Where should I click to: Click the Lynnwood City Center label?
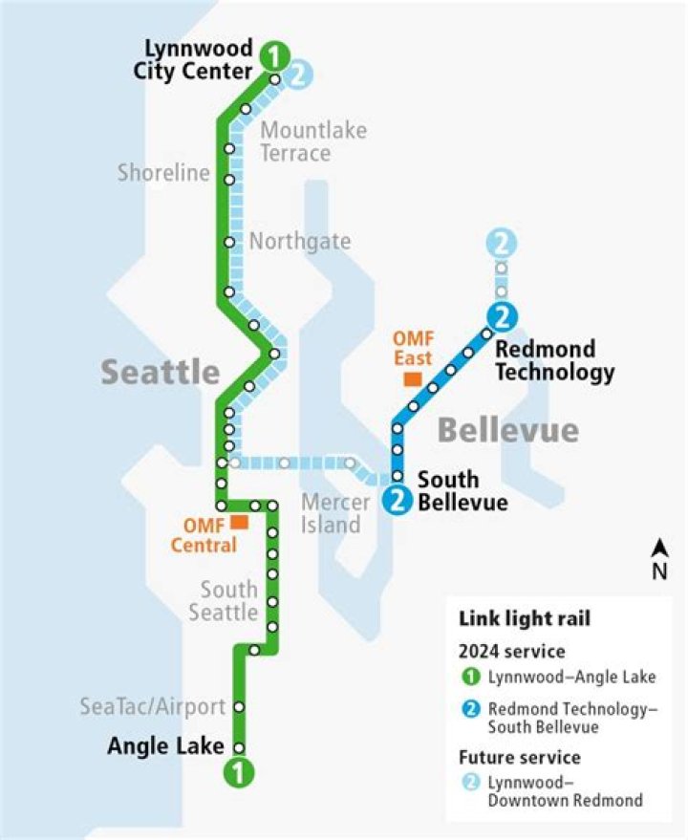coord(199,59)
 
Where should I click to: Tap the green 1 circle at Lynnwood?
coord(275,55)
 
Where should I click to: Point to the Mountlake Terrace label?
coord(312,141)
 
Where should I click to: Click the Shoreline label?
coord(163,173)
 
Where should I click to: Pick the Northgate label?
coord(299,242)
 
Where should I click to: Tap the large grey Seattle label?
coord(161,372)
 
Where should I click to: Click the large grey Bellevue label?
coord(507,430)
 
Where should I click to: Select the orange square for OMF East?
coord(413,379)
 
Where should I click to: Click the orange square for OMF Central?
coord(239,522)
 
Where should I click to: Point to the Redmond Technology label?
coord(554,360)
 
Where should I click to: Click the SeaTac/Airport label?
coord(153,707)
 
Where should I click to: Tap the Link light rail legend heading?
coord(525,619)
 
